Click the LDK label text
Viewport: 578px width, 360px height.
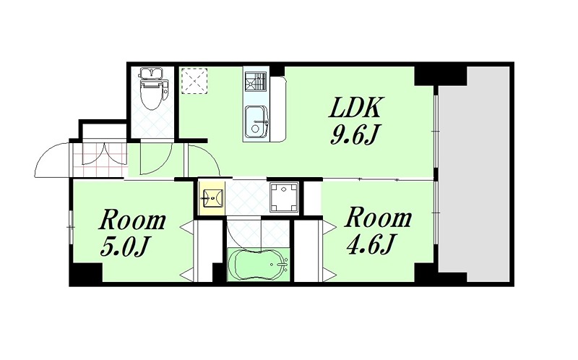[x=355, y=108]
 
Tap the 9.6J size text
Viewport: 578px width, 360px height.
[x=355, y=134]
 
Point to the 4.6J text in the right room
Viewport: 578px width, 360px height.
[x=370, y=244]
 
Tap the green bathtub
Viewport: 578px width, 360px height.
[x=258, y=265]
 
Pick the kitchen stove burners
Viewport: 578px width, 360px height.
[x=256, y=81]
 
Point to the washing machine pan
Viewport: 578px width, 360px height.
[x=284, y=197]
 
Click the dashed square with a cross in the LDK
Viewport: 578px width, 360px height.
[x=194, y=81]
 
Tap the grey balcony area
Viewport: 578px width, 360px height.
[x=474, y=174]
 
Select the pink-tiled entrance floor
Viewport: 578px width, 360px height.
[x=100, y=160]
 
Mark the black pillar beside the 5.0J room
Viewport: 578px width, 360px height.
[x=86, y=275]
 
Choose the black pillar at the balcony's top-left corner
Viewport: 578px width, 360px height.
[x=441, y=76]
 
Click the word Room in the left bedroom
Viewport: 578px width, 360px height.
[x=133, y=220]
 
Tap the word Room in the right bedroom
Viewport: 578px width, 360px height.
[x=378, y=218]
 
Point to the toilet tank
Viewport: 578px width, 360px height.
[x=151, y=74]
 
